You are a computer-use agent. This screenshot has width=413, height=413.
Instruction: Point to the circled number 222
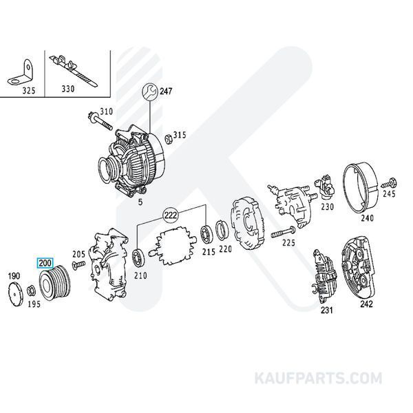[171, 215]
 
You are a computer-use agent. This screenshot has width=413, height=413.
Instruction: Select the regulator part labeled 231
[324, 278]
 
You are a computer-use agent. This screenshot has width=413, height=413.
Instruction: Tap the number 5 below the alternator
[140, 202]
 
